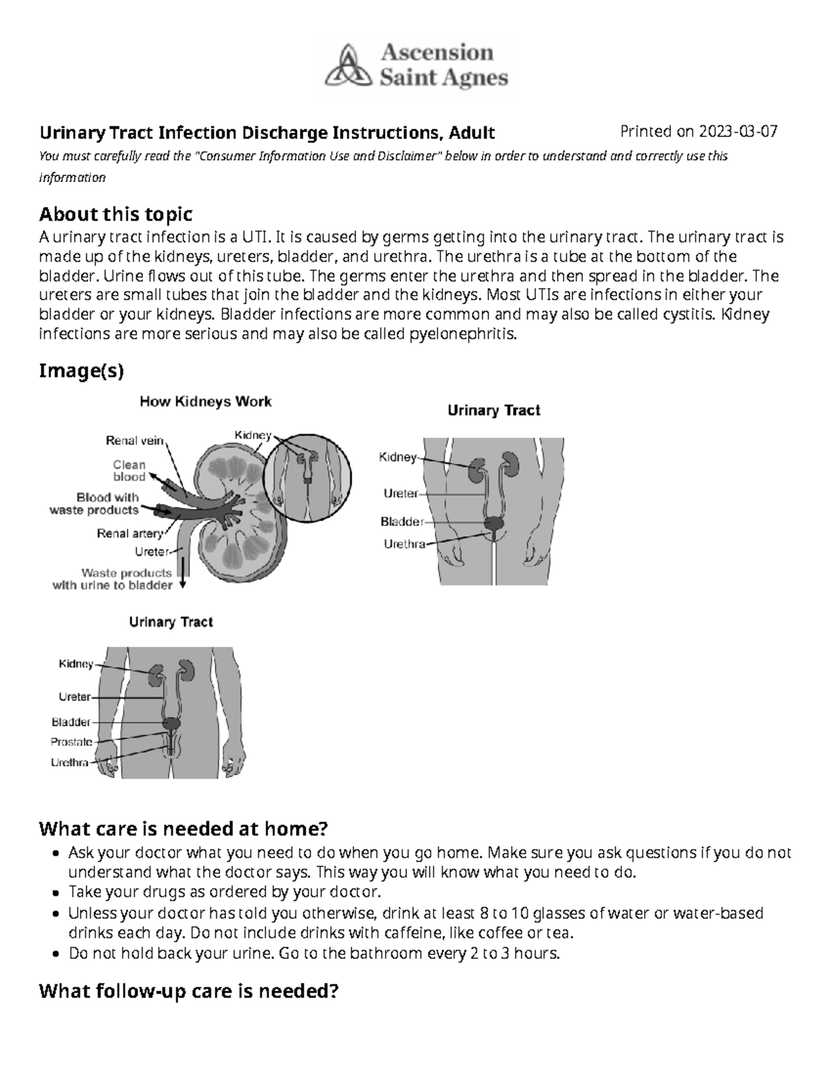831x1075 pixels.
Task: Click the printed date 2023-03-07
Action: [738, 132]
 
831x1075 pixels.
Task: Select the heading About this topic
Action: [116, 213]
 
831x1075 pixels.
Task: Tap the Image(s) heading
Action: [81, 371]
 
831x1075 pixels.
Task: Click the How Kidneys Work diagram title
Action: [206, 401]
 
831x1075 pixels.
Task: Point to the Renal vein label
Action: [134, 440]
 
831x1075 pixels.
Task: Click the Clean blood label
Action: [129, 471]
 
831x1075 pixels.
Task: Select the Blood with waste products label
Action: [95, 504]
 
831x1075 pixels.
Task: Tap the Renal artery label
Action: [129, 534]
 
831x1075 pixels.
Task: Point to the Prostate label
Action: [71, 742]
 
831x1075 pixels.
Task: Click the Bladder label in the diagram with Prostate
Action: [71, 722]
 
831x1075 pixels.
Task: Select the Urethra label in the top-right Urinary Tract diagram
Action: [404, 544]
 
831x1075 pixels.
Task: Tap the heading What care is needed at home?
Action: [183, 828]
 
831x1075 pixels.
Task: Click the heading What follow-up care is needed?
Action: [188, 991]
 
